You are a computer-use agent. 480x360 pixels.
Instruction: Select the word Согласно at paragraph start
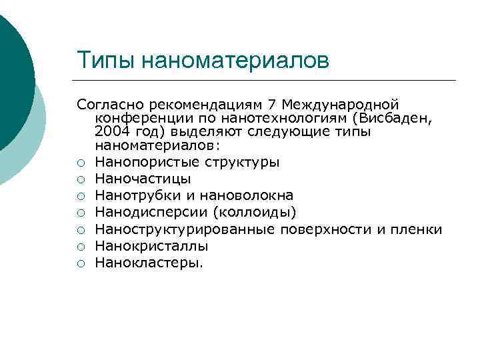coord(110,105)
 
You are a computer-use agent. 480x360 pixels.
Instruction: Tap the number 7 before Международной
coord(271,105)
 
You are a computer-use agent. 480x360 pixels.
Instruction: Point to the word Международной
coord(340,105)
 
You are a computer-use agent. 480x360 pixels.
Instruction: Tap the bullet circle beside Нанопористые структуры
coord(81,163)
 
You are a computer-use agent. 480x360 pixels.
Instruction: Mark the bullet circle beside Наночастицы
coord(81,179)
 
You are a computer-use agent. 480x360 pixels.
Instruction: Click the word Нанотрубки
coord(131,195)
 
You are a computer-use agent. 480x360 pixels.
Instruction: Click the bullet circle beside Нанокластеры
coord(81,263)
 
